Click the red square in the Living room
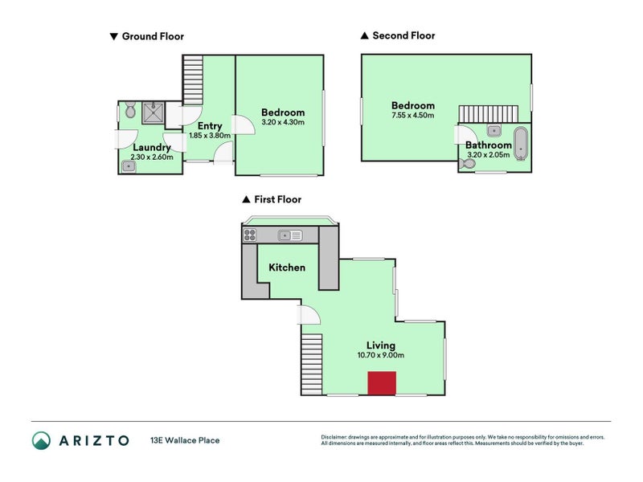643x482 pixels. [x=383, y=383]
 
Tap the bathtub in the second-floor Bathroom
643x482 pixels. [x=521, y=142]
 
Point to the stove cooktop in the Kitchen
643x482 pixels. [x=249, y=235]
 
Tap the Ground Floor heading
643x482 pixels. [x=153, y=36]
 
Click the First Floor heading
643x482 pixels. [x=277, y=199]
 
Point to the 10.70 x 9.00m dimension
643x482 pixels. [x=381, y=355]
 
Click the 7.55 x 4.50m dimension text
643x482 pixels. [x=413, y=116]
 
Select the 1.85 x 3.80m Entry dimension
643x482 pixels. [x=210, y=136]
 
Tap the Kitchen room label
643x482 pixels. [x=287, y=267]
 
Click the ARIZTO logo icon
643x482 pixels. [x=42, y=440]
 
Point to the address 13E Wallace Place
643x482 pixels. [x=185, y=440]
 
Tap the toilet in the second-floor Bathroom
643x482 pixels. [x=466, y=164]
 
